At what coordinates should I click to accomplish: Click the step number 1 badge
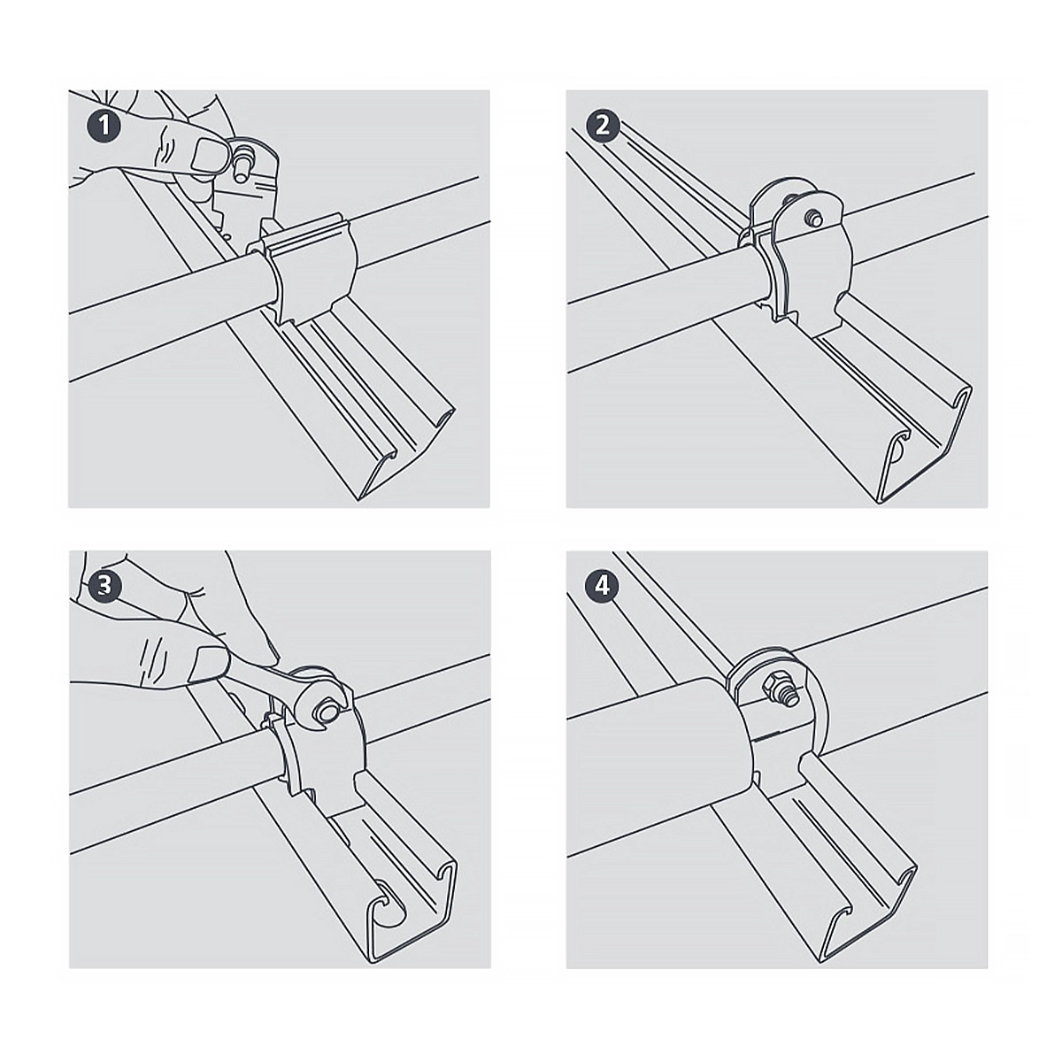pos(104,127)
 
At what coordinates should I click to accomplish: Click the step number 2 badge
pos(603,127)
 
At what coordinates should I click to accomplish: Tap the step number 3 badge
pos(104,586)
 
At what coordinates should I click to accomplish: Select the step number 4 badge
pos(603,586)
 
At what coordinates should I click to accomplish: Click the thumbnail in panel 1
pos(207,155)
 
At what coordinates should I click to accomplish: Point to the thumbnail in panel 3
pos(207,665)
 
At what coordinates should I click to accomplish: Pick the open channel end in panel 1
pos(407,452)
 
